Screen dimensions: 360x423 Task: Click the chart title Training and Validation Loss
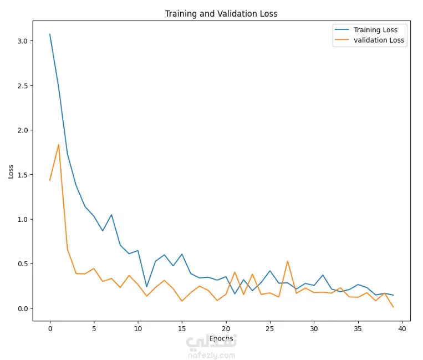coord(221,13)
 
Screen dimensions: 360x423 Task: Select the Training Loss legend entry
coord(375,30)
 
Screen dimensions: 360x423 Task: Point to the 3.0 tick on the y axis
coord(22,41)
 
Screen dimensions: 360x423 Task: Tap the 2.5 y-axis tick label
coord(22,86)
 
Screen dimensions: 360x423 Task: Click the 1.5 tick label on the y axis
coord(22,175)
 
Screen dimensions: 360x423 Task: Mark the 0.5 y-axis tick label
coord(22,264)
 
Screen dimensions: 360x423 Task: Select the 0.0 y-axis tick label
coord(22,308)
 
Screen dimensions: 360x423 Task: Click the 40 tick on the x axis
coord(402,328)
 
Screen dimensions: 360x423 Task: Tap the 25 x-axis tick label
coord(270,328)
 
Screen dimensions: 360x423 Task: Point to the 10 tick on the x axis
coord(138,328)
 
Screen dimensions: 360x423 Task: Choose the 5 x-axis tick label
coord(94,328)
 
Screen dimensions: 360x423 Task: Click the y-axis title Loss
coord(11,171)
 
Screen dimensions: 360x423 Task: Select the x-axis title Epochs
coord(221,338)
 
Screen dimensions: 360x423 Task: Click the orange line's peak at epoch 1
coord(59,145)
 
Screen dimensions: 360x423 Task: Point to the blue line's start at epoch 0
coord(50,34)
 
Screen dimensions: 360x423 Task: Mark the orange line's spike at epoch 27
coord(288,261)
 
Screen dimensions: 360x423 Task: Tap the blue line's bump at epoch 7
coord(111,215)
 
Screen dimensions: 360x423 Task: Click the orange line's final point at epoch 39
coord(393,307)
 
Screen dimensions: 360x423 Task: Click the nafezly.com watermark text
coord(212,355)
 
